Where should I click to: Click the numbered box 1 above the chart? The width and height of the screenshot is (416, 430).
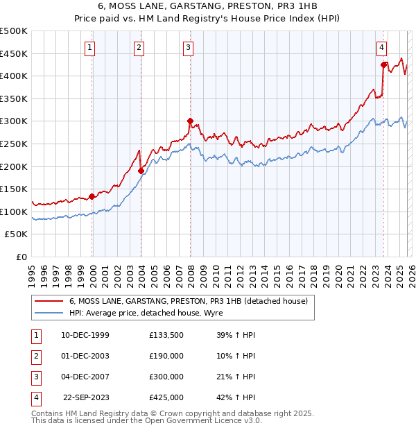(91, 48)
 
